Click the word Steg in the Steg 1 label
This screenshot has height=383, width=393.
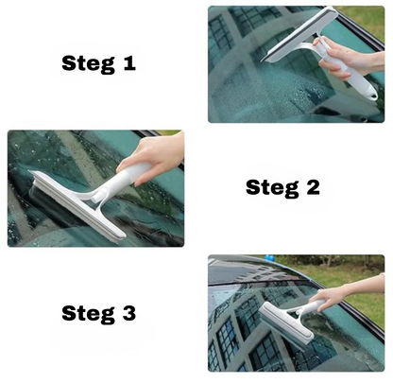(88, 64)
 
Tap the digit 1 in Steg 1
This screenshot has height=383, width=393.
(128, 62)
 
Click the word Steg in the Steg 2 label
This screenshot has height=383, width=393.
(272, 188)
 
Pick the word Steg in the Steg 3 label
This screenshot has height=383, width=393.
(88, 314)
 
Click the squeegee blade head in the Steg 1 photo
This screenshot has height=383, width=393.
(299, 34)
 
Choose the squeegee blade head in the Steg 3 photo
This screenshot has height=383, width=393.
(286, 324)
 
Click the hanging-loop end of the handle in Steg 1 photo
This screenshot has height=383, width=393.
(372, 96)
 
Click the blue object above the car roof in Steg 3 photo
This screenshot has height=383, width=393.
(269, 258)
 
